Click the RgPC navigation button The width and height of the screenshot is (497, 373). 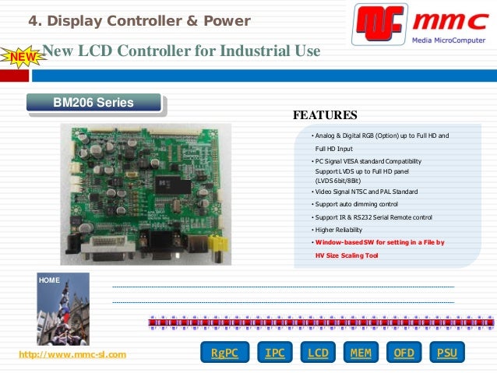[224, 353]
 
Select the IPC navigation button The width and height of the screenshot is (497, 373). [274, 353]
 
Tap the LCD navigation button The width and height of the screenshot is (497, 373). [318, 353]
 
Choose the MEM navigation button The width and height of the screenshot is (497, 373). [361, 353]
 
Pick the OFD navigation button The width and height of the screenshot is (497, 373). [404, 353]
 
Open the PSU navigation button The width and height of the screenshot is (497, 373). [446, 353]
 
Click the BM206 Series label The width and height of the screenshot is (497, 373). [93, 103]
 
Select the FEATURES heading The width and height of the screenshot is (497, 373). [324, 116]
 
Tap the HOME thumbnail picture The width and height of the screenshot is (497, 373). [63, 309]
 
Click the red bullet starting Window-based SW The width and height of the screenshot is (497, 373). [379, 242]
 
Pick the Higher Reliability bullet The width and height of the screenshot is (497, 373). [341, 230]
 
